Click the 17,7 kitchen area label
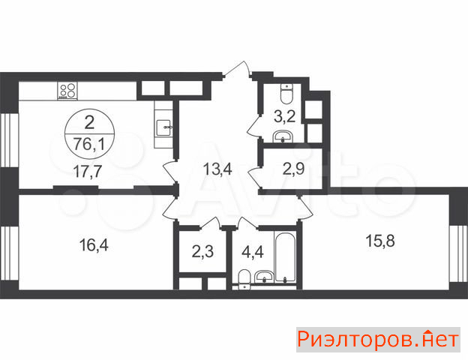click(88, 172)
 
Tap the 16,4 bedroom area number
click(94, 246)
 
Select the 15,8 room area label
click(380, 241)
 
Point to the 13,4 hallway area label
click(217, 169)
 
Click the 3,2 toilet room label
click(285, 117)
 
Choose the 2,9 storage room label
click(294, 169)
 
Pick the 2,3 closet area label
click(202, 252)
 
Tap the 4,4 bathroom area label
click(253, 253)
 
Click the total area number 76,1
click(89, 145)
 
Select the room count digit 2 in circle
click(89, 123)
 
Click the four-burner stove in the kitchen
click(67, 91)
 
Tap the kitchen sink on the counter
click(163, 128)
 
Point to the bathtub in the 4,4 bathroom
click(286, 257)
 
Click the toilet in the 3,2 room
click(287, 94)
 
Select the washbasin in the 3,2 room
click(283, 136)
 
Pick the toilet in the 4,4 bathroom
click(244, 279)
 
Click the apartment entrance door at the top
click(236, 70)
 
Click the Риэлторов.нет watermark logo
click(378, 340)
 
